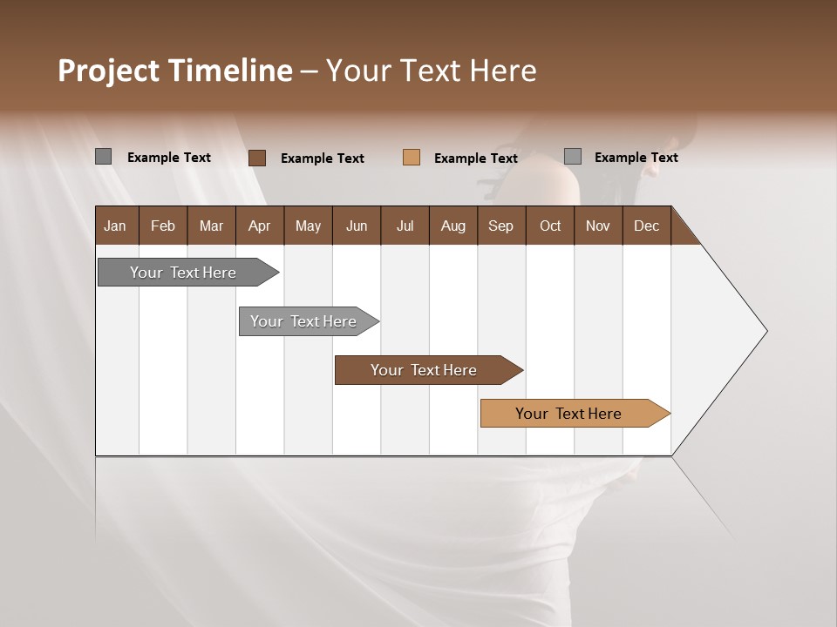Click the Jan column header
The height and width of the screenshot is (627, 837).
click(x=115, y=226)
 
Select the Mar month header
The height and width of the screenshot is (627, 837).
click(x=211, y=226)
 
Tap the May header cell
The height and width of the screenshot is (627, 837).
click(x=308, y=226)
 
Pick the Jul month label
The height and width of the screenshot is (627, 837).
click(x=405, y=226)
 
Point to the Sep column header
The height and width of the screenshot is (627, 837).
click(x=500, y=226)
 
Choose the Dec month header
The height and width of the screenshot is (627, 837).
click(x=646, y=226)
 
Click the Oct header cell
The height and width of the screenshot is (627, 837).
click(x=550, y=226)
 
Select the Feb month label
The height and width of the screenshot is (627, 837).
click(x=163, y=226)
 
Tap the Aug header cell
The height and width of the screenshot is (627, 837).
click(x=453, y=226)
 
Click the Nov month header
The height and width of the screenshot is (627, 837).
click(x=597, y=226)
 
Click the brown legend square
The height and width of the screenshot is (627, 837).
click(x=257, y=158)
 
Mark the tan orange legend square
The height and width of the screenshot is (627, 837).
click(x=412, y=158)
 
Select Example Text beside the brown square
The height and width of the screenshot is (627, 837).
click(x=323, y=158)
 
